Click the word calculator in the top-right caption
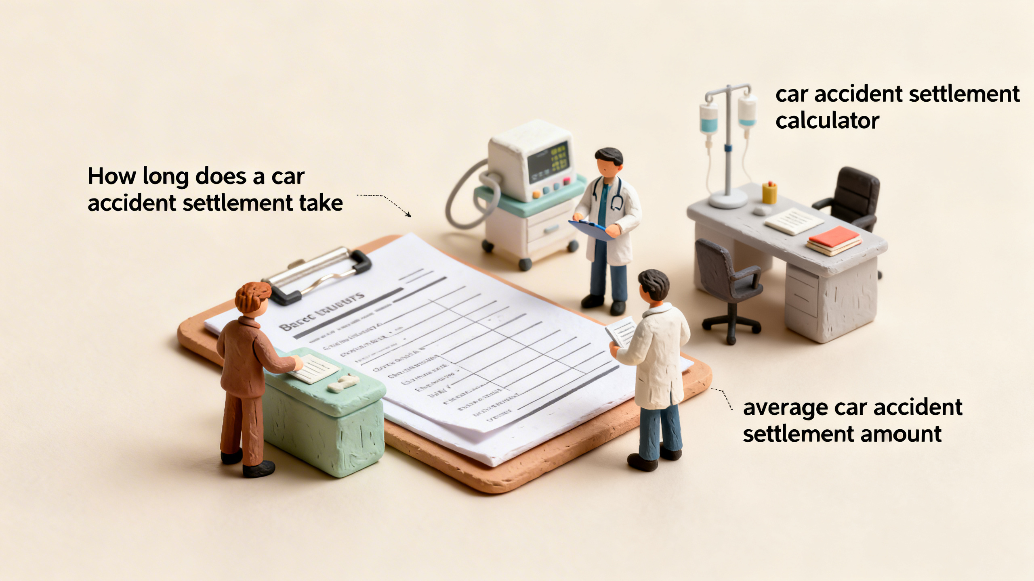point(827,121)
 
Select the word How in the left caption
point(110,177)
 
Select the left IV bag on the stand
point(709,119)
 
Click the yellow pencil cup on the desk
point(769,193)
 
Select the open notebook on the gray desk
point(794,222)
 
